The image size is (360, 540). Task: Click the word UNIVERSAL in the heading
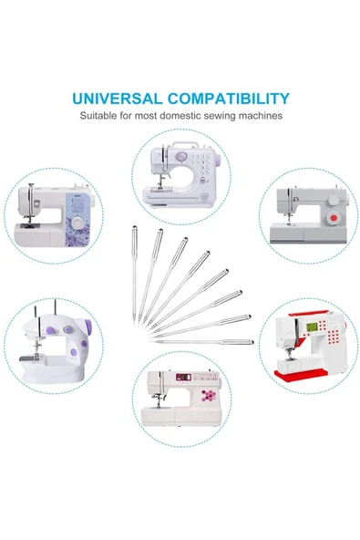coord(117,99)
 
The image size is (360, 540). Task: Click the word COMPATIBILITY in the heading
coord(229,99)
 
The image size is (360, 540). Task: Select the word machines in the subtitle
coord(261,115)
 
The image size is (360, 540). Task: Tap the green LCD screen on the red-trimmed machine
coord(312,327)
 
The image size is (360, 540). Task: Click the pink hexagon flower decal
coord(209,395)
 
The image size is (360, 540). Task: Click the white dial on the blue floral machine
coord(78,223)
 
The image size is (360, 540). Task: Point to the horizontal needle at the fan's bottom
coord(204,342)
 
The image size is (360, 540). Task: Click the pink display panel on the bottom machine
coord(184,377)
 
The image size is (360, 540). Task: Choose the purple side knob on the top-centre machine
coord(218,159)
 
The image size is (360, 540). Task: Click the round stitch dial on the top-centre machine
coord(181,157)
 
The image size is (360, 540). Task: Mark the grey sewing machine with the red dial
coord(308,215)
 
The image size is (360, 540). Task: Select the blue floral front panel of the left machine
coord(78,220)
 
